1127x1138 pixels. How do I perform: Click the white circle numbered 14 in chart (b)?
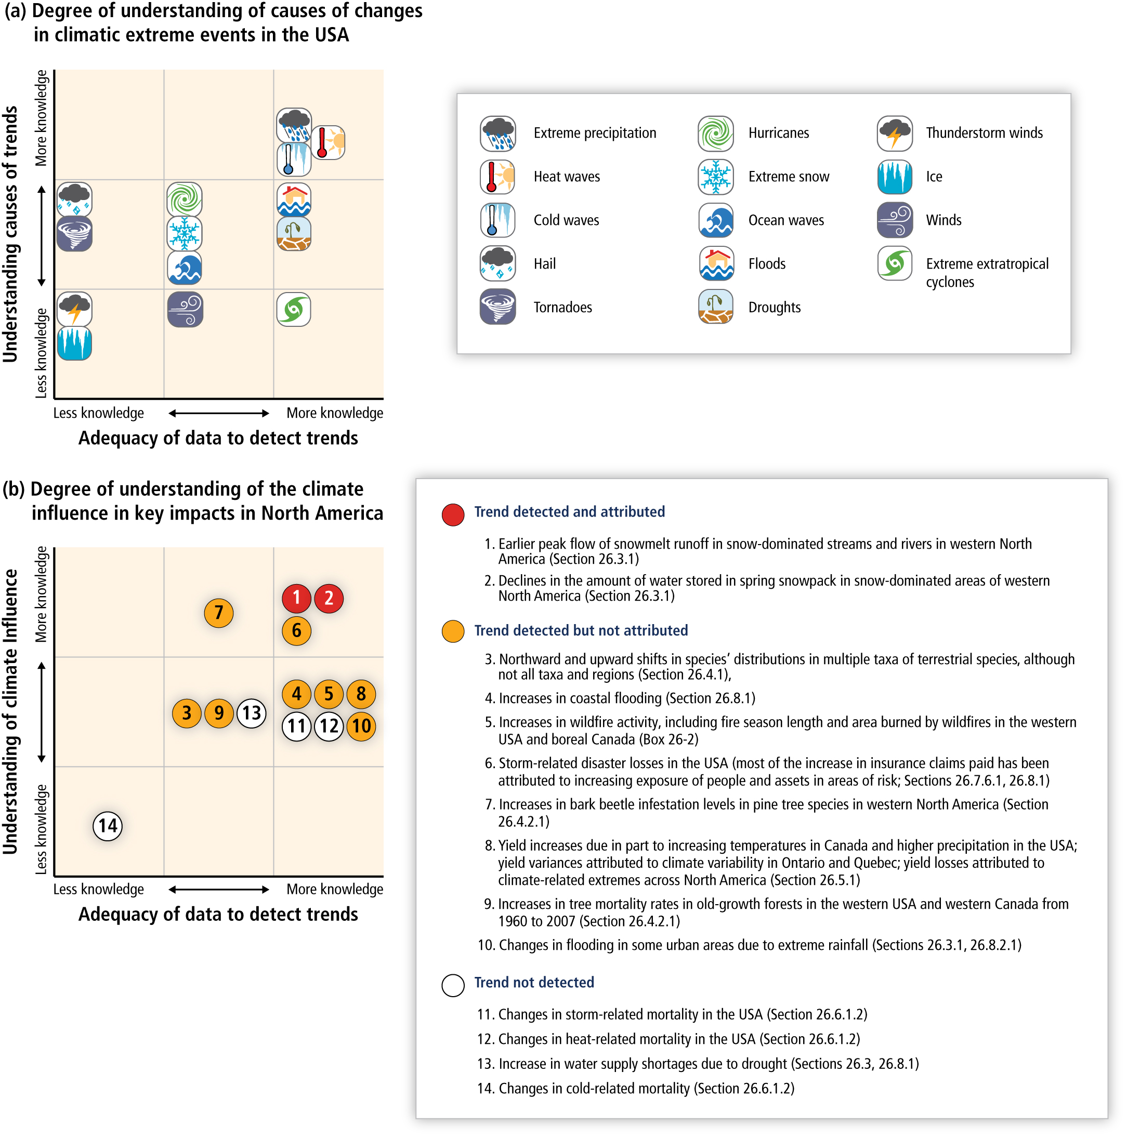click(108, 826)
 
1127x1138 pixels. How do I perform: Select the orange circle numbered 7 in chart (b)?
click(218, 613)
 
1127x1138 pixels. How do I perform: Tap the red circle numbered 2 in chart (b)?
click(329, 599)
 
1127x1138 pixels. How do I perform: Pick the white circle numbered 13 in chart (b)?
click(252, 713)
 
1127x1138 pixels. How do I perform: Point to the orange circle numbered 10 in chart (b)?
click(361, 726)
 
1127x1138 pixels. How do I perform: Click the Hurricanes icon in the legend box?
click(716, 133)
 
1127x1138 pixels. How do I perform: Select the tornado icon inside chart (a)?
click(74, 234)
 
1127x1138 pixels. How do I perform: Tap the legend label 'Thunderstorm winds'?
click(984, 133)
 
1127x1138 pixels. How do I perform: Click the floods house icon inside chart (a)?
click(294, 199)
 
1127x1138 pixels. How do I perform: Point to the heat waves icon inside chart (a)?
click(328, 142)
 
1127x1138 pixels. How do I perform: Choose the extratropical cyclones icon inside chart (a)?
click(294, 309)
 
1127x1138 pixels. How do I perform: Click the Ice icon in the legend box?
click(895, 177)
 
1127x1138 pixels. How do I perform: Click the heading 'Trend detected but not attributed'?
click(581, 631)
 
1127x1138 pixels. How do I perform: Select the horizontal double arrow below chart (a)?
click(218, 414)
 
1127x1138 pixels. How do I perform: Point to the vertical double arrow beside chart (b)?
click(42, 712)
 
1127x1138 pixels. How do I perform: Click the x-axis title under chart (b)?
click(218, 914)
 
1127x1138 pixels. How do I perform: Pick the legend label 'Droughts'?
click(774, 308)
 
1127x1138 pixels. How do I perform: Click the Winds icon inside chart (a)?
click(185, 309)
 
